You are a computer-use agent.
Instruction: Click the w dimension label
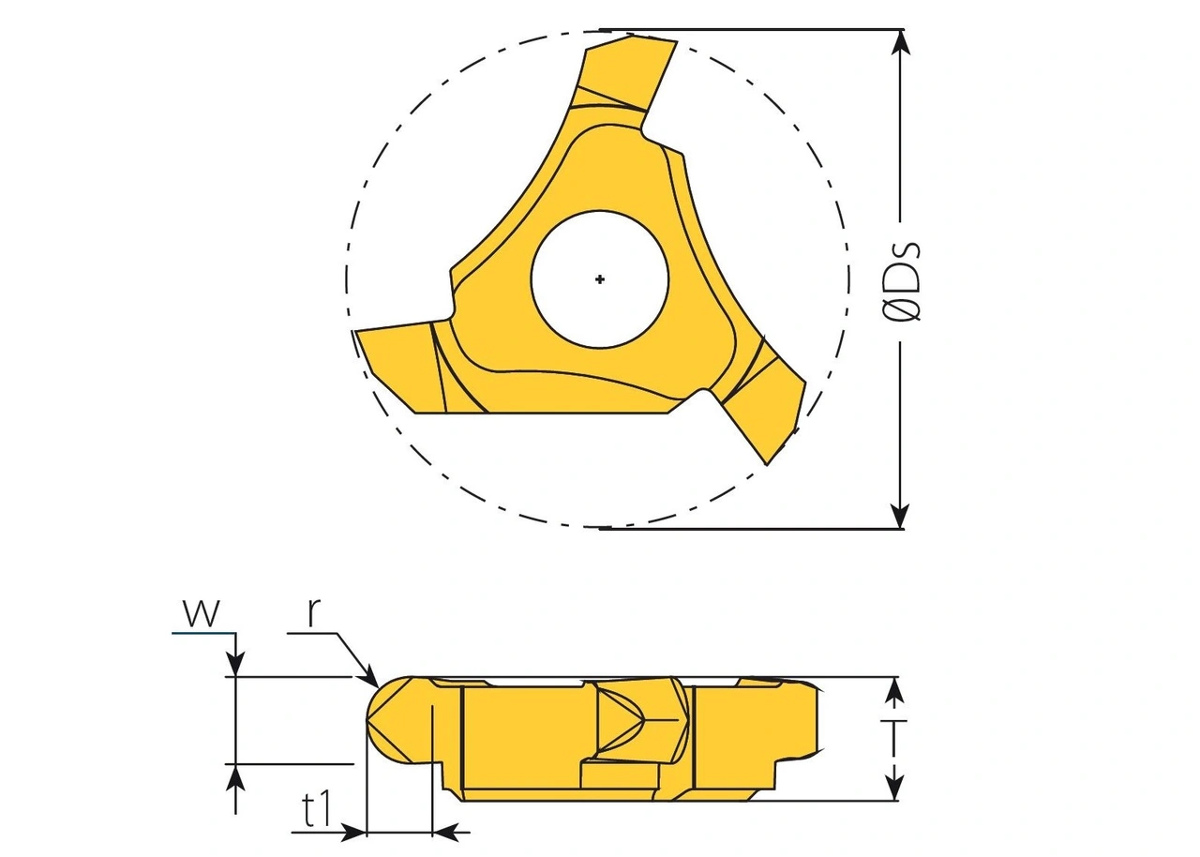pos(202,612)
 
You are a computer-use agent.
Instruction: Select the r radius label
pos(315,612)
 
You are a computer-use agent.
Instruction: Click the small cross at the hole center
pos(600,278)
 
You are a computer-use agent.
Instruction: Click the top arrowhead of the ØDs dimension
pos(900,41)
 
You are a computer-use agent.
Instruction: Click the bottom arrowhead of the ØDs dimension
pos(900,517)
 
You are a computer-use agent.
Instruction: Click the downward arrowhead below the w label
pos(235,663)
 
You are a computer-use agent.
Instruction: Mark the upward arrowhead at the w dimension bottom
pos(235,776)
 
